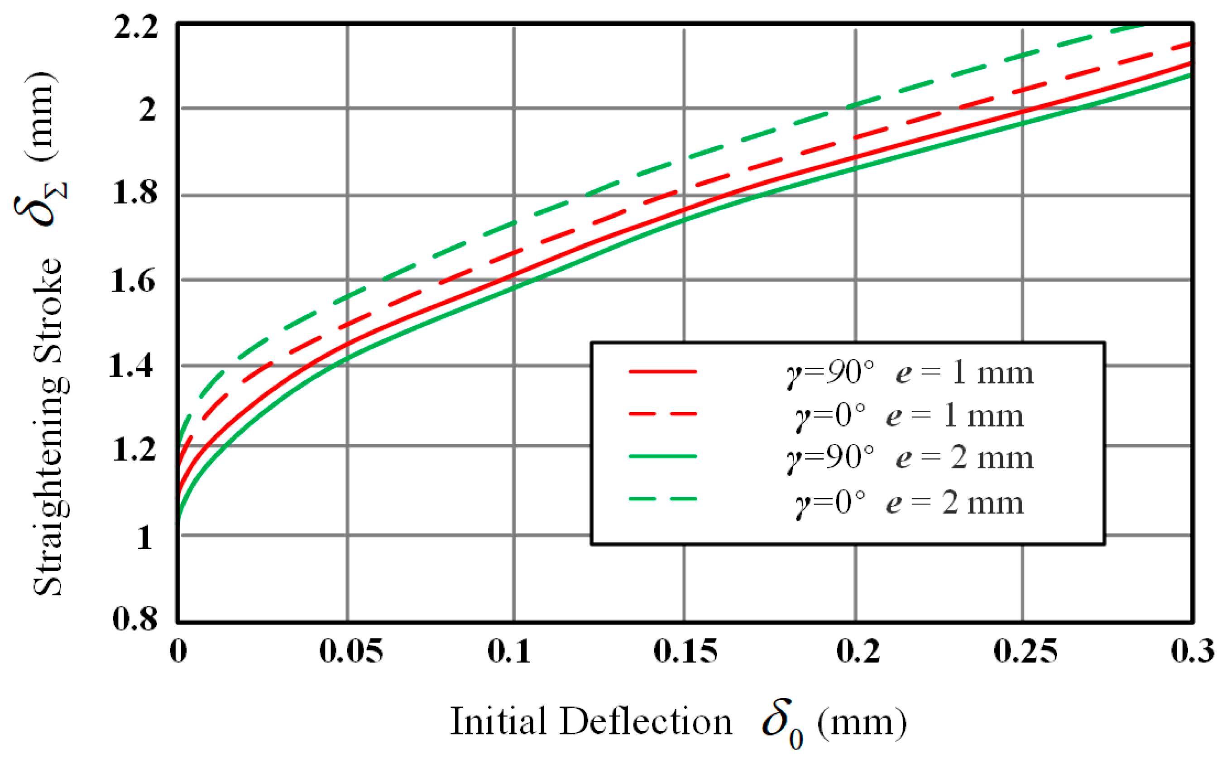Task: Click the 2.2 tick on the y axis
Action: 135,28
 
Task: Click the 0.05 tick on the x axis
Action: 351,652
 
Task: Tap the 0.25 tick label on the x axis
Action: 1025,652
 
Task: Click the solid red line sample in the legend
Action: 662,372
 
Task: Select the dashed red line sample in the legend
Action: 662,414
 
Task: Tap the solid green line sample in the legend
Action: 662,457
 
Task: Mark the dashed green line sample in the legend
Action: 662,499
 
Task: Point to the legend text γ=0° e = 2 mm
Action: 909,503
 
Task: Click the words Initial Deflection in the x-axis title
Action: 591,722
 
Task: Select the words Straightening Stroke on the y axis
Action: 48,427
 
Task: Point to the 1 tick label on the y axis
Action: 144,538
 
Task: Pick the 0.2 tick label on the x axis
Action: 858,652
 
